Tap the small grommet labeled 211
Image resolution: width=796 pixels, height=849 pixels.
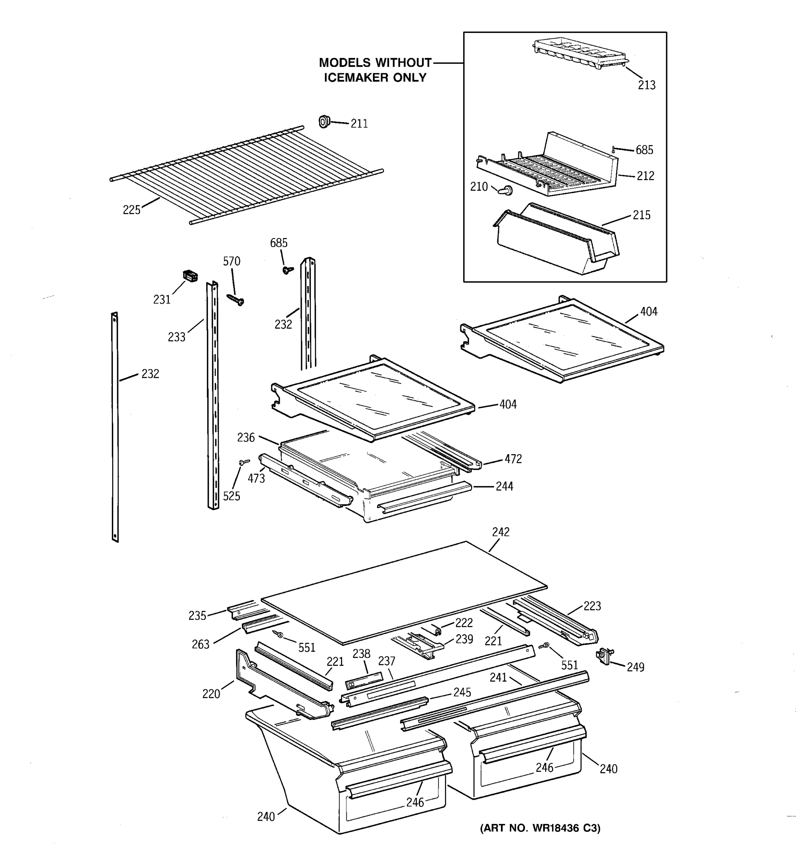coord(324,122)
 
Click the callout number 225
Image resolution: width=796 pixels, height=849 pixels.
coord(131,210)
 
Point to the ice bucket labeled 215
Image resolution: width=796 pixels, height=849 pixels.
coord(555,239)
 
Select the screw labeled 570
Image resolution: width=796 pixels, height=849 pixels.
coord(235,300)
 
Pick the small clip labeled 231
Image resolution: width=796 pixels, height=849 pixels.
coord(190,276)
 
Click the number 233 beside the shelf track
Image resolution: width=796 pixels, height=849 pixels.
coord(177,337)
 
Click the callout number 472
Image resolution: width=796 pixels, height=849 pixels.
coord(513,459)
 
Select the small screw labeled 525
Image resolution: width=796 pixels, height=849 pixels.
coord(244,462)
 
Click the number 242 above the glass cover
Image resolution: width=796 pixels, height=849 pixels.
coord(501,532)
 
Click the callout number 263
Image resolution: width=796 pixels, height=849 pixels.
coord(200,645)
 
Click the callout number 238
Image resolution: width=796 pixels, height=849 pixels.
coord(361,654)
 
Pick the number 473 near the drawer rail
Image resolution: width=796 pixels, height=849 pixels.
coord(256,478)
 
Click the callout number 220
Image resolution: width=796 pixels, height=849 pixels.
coord(211,694)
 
